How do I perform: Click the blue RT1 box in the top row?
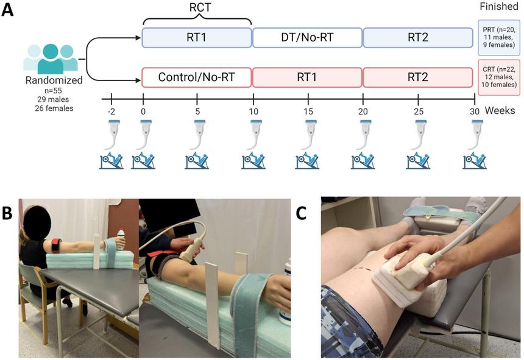[x=197, y=38]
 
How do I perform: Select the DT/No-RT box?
[x=307, y=38]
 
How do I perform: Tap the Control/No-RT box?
[x=197, y=77]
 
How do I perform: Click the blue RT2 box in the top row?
[x=418, y=38]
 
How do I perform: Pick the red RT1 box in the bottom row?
[x=307, y=77]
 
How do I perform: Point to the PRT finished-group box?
[x=499, y=38]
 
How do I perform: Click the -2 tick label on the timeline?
[x=110, y=113]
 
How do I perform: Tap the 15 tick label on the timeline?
[x=308, y=113]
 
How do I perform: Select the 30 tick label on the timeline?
[x=475, y=113]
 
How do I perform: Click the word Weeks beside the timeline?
[x=500, y=112]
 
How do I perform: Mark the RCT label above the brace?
[x=196, y=8]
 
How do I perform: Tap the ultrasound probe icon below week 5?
[x=197, y=133]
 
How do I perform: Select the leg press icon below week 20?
[x=363, y=161]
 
